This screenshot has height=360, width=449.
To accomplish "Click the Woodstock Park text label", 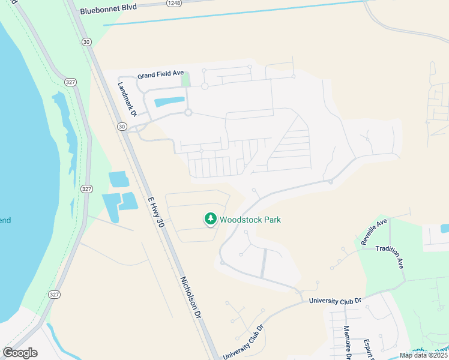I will (250, 220).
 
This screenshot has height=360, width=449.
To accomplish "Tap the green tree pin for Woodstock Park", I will (210, 219).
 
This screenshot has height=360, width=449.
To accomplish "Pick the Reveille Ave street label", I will (375, 231).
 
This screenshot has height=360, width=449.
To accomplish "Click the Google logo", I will (20, 352).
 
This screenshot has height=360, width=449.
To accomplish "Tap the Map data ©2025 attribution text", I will (423, 355).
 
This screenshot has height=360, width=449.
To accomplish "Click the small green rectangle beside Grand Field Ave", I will (186, 79).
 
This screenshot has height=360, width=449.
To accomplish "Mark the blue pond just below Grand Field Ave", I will (169, 101).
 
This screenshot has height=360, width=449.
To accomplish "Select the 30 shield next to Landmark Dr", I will (122, 127).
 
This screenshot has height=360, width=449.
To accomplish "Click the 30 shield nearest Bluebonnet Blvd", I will (87, 41).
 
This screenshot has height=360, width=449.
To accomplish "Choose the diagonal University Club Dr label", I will (244, 344).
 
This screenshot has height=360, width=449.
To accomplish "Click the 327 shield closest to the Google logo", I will (55, 295).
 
